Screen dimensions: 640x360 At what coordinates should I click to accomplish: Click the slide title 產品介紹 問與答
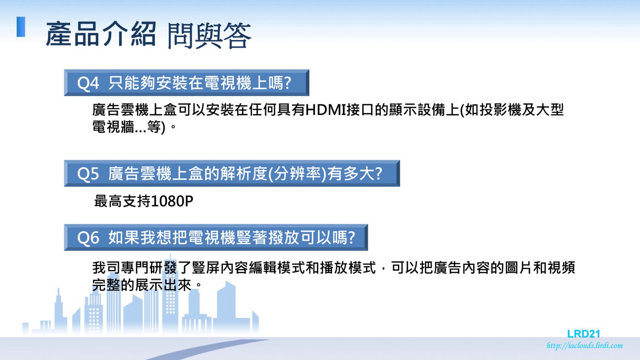point(148,35)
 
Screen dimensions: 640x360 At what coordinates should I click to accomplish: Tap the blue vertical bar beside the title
point(21,27)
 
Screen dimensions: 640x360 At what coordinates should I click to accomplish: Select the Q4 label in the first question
point(88,84)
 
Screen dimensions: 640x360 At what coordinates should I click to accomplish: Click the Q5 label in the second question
point(88,174)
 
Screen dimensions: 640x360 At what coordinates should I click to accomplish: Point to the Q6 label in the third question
point(88,238)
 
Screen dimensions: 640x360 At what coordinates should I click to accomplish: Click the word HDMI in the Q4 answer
point(326,110)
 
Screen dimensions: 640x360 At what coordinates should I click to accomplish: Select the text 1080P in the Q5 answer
point(172,201)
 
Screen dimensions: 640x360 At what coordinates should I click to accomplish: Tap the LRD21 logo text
point(584,334)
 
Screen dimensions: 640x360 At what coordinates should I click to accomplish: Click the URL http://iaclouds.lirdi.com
point(584,346)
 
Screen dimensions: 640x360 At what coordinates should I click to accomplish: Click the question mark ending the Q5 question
point(378,174)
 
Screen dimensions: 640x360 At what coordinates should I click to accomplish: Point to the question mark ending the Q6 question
point(351,238)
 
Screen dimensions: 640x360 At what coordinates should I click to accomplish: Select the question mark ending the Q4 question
point(287,83)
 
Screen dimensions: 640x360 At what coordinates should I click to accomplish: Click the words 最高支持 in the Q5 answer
point(122,201)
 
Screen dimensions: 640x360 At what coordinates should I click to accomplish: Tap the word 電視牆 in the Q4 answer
point(113,126)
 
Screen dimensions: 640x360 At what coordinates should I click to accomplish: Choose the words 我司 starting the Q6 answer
point(106,268)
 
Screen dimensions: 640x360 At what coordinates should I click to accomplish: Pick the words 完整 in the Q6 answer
point(106,285)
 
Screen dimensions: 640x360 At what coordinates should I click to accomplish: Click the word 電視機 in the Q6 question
point(212,238)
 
